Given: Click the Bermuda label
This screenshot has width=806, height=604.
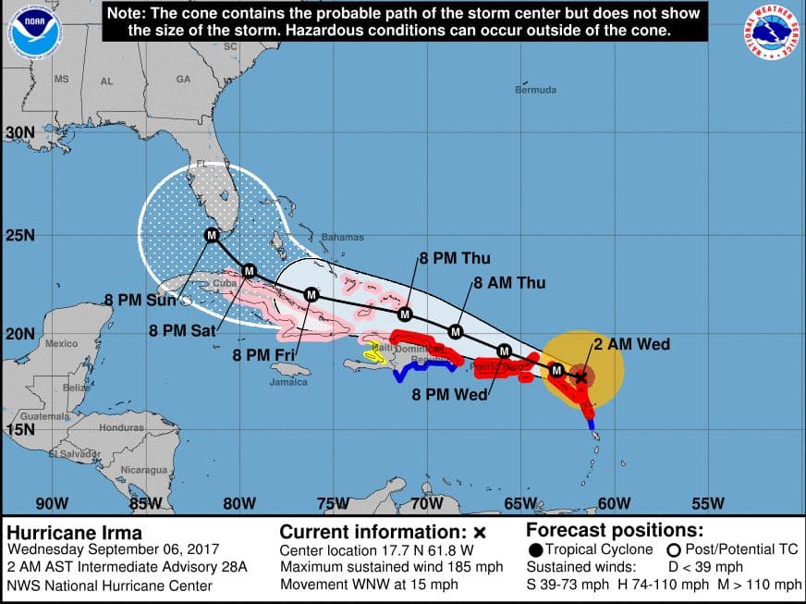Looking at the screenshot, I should click(536, 90).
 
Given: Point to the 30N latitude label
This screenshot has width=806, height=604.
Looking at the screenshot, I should click(19, 133).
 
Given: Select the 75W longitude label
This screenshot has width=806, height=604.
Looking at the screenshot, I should click(333, 503).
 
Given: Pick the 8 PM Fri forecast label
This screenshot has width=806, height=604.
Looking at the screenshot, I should click(263, 353).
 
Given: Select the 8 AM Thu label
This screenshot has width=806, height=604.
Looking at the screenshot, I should click(509, 283).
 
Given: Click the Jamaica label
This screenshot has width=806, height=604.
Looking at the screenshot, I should click(288, 382).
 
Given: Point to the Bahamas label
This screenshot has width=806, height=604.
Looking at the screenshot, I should click(342, 238).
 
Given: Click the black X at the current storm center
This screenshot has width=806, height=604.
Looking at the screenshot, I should click(580, 376).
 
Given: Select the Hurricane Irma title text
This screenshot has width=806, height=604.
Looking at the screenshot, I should click(75, 532).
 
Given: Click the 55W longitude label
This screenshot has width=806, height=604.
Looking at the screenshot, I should click(708, 503).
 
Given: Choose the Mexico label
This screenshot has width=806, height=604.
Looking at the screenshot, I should click(61, 344).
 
